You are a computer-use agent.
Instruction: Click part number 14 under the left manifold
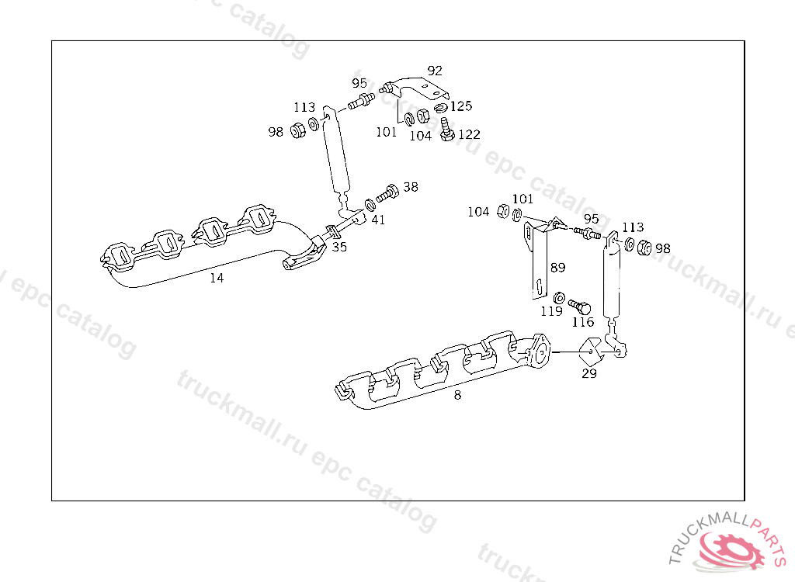coord(217,278)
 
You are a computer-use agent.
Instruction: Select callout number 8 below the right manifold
coord(457,395)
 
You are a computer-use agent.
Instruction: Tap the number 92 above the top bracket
coord(435,71)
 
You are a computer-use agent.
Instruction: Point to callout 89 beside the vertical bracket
coord(557,268)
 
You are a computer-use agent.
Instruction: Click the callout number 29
coord(589,373)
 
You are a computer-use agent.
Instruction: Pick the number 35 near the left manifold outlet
coord(339,247)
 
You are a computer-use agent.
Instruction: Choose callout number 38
coord(411,187)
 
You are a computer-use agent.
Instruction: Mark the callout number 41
coord(378,220)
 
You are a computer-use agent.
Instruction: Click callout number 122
coord(469,134)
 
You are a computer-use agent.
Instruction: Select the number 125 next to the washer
coord(461,106)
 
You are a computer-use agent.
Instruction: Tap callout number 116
coord(583,322)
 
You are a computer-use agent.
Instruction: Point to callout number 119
coord(552,310)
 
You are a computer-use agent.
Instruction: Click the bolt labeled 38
coord(387,194)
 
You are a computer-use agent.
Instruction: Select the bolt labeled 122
coord(446,130)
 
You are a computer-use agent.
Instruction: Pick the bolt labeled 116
coord(579,307)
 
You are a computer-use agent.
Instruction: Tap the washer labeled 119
coord(559,297)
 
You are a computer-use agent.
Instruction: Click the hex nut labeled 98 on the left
coord(297,131)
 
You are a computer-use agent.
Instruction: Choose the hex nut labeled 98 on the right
coord(644,248)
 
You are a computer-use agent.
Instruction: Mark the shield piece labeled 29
coord(591,351)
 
